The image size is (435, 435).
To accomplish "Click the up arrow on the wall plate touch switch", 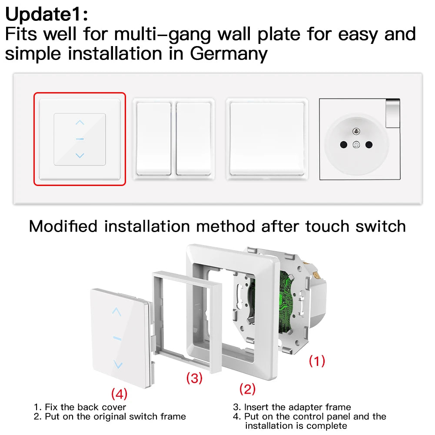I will tap(80, 123).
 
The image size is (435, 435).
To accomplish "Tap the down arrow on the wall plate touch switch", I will tap(80, 155).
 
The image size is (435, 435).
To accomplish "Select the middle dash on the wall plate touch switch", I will tap(80, 139).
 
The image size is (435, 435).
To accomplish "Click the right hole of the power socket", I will tap(369, 145).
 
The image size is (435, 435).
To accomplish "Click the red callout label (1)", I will tap(317, 360).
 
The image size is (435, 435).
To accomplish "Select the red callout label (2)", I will tap(248, 389).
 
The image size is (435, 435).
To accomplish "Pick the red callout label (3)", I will tap(194, 378).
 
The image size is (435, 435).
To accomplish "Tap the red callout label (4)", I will tap(119, 394).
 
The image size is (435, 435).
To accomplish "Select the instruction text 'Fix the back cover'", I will tap(85, 407).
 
